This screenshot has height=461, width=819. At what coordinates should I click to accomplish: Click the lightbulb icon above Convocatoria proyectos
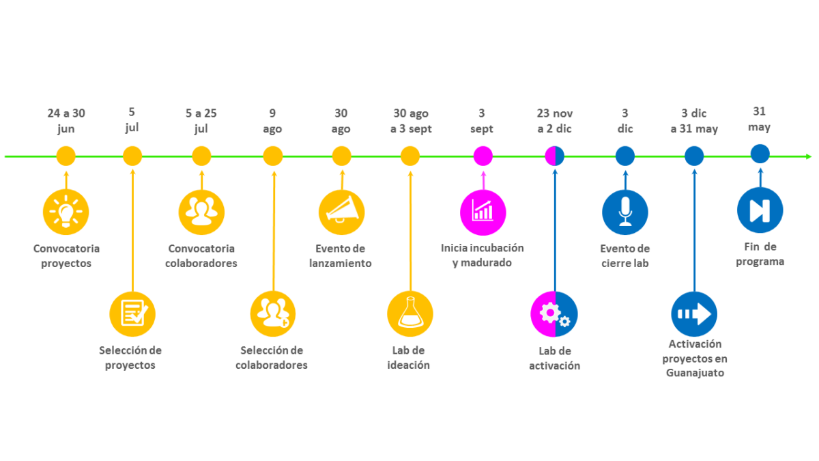[x=66, y=212]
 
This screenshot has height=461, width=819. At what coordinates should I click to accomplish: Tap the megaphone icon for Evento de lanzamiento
[x=341, y=212]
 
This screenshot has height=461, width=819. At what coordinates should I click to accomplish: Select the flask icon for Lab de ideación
[x=410, y=314]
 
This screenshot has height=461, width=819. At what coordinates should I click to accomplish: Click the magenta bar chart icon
[x=483, y=212]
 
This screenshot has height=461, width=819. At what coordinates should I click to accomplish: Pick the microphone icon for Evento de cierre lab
[x=625, y=212]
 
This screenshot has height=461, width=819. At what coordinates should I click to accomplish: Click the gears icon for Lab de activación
[x=554, y=314]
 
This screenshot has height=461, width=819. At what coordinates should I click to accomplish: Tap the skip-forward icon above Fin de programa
[x=760, y=210]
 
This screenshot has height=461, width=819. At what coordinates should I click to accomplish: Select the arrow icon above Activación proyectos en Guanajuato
[x=694, y=314]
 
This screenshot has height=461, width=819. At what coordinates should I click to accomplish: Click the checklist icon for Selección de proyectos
[x=132, y=314]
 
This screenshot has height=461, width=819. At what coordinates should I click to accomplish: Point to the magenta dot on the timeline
[x=483, y=156]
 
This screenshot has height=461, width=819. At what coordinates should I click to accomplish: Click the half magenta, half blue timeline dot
[x=555, y=156]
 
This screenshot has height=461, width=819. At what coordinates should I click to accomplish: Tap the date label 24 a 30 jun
[x=66, y=121]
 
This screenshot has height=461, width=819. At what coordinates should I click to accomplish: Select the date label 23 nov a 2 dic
[x=555, y=121]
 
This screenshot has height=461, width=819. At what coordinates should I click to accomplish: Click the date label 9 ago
[x=272, y=121]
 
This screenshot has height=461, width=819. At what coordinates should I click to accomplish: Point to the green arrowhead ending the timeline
[x=809, y=156]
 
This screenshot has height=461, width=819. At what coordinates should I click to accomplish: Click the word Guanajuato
[x=695, y=373]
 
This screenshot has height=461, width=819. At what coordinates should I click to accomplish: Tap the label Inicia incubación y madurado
[x=483, y=255]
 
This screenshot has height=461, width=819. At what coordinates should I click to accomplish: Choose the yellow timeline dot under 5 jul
[x=132, y=156]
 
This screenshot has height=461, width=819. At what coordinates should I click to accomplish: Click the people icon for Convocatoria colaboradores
[x=201, y=212]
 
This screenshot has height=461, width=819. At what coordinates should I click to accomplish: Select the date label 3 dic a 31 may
[x=694, y=121]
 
